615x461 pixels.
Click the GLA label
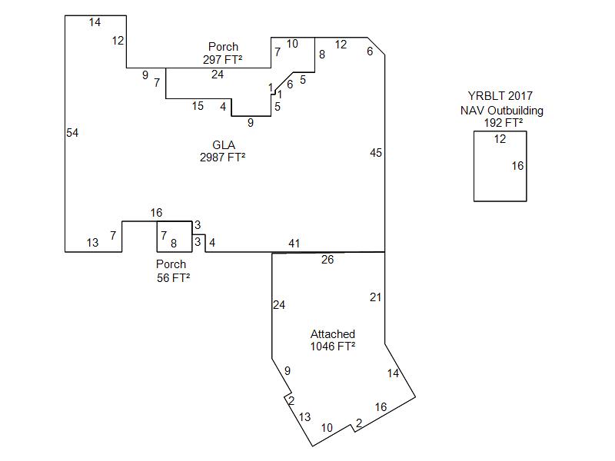point(224,145)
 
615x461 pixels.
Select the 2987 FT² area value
point(222,158)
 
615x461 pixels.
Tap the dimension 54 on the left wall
point(72,133)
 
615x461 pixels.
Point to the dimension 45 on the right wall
point(376,153)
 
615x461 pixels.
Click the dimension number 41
point(294,244)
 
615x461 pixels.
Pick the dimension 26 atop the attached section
point(327,260)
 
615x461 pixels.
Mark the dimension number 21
point(375,297)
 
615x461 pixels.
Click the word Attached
point(333,334)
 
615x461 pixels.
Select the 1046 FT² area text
point(333,347)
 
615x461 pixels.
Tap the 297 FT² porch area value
point(222,60)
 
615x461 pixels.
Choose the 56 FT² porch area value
point(174,278)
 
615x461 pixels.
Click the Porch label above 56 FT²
point(171,264)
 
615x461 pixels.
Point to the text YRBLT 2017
point(500,96)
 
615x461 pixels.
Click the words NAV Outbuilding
point(502,111)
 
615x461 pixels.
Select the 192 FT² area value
point(504,123)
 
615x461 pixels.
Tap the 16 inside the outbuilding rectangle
point(517,166)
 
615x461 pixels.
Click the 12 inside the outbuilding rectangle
point(500,139)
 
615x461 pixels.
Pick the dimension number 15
point(198,106)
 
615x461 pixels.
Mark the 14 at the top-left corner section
point(95,22)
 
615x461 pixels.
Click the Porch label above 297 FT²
point(223,47)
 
